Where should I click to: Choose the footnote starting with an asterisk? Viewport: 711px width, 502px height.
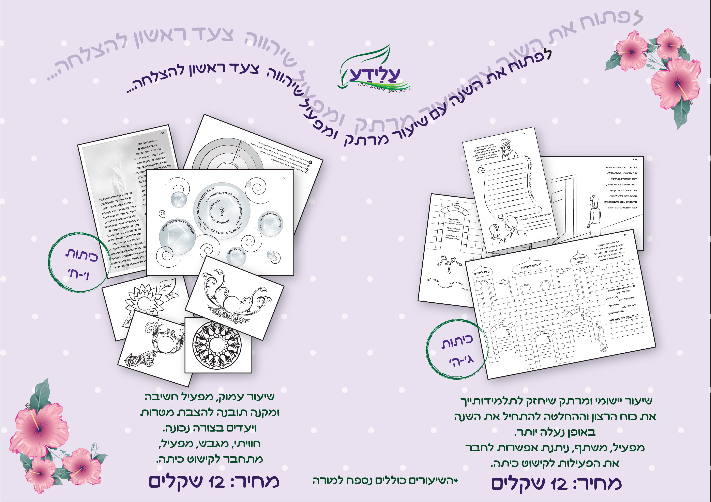click(385, 480)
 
